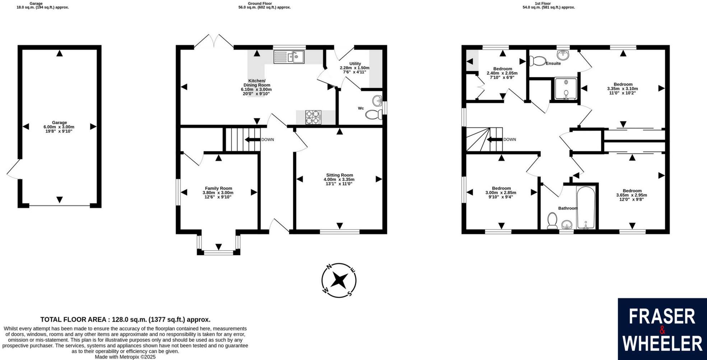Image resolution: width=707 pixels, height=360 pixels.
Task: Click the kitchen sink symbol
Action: tap(289, 57)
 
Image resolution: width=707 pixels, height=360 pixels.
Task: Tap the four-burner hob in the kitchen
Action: tap(313, 117)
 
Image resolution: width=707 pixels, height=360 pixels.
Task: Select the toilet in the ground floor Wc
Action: tap(373, 115)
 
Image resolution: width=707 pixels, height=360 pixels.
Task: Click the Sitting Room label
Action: tap(339, 175)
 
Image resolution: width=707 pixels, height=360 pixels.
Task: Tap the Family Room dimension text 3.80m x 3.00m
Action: tap(218, 193)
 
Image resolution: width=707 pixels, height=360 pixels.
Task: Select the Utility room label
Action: tap(355, 64)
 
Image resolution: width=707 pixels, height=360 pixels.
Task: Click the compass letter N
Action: tap(329, 267)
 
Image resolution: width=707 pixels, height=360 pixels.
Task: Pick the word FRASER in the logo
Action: tap(662, 317)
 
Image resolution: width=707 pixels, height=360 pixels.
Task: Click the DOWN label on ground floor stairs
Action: tap(268, 140)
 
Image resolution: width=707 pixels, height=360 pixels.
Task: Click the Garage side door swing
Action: tap(13, 169)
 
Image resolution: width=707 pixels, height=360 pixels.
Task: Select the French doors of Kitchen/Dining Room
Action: tap(214, 40)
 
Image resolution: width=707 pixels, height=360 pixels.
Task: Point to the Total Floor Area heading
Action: tap(125, 319)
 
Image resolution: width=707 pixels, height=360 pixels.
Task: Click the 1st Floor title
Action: tap(543, 4)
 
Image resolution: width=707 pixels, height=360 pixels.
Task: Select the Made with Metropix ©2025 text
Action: tap(125, 357)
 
